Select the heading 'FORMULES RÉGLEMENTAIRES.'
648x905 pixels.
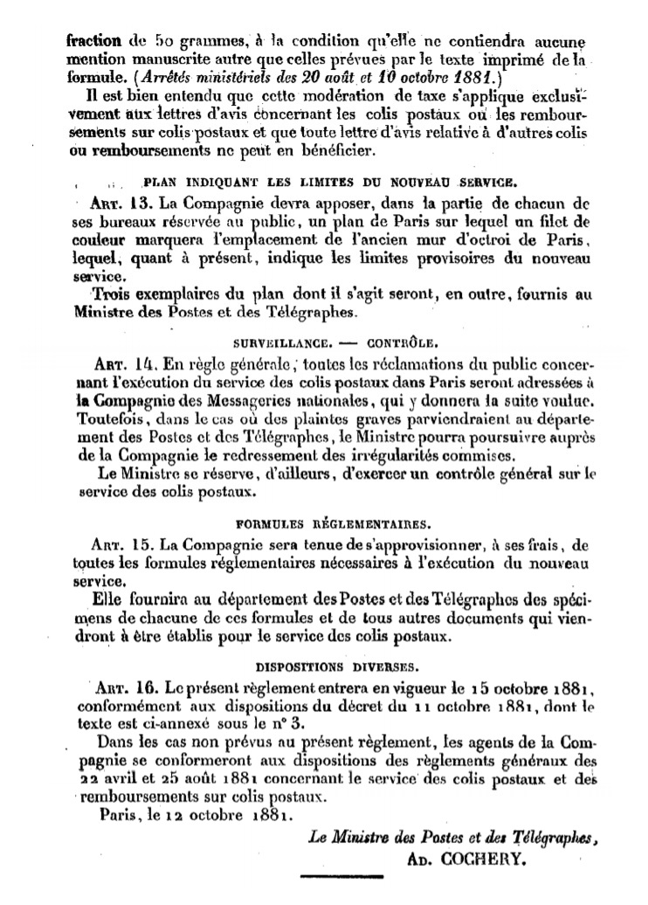pyautogui.click(x=333, y=525)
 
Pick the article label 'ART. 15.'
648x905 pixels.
pyautogui.click(x=122, y=546)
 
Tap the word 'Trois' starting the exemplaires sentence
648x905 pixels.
pyautogui.click(x=115, y=292)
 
